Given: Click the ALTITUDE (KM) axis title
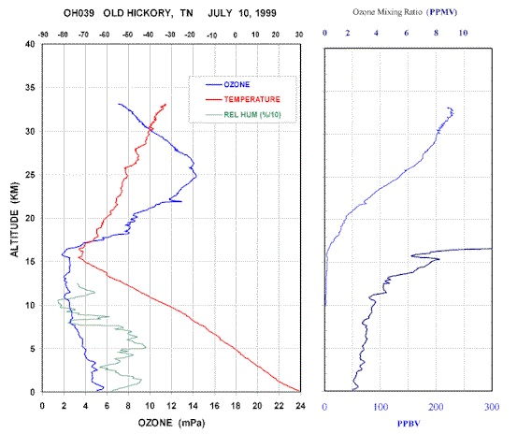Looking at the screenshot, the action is [14, 220].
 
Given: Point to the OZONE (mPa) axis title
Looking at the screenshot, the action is [171, 423].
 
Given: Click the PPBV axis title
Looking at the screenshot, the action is [409, 424].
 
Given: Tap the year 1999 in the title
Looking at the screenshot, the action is [266, 13].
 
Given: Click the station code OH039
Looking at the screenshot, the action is [79, 13].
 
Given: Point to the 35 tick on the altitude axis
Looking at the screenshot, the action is [30, 87].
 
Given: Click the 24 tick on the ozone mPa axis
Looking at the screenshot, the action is [300, 406].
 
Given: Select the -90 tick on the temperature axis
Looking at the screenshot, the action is [43, 35].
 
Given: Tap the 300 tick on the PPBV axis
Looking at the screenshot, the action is [492, 408].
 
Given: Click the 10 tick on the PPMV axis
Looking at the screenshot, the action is [463, 33].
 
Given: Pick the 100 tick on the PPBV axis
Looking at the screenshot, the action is [381, 408].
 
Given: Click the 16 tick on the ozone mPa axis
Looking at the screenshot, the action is [214, 406].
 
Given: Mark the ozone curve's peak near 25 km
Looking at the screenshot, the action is [196, 176].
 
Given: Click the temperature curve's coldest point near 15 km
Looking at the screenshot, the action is [79, 258].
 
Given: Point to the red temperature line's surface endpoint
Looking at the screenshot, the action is [299, 391].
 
